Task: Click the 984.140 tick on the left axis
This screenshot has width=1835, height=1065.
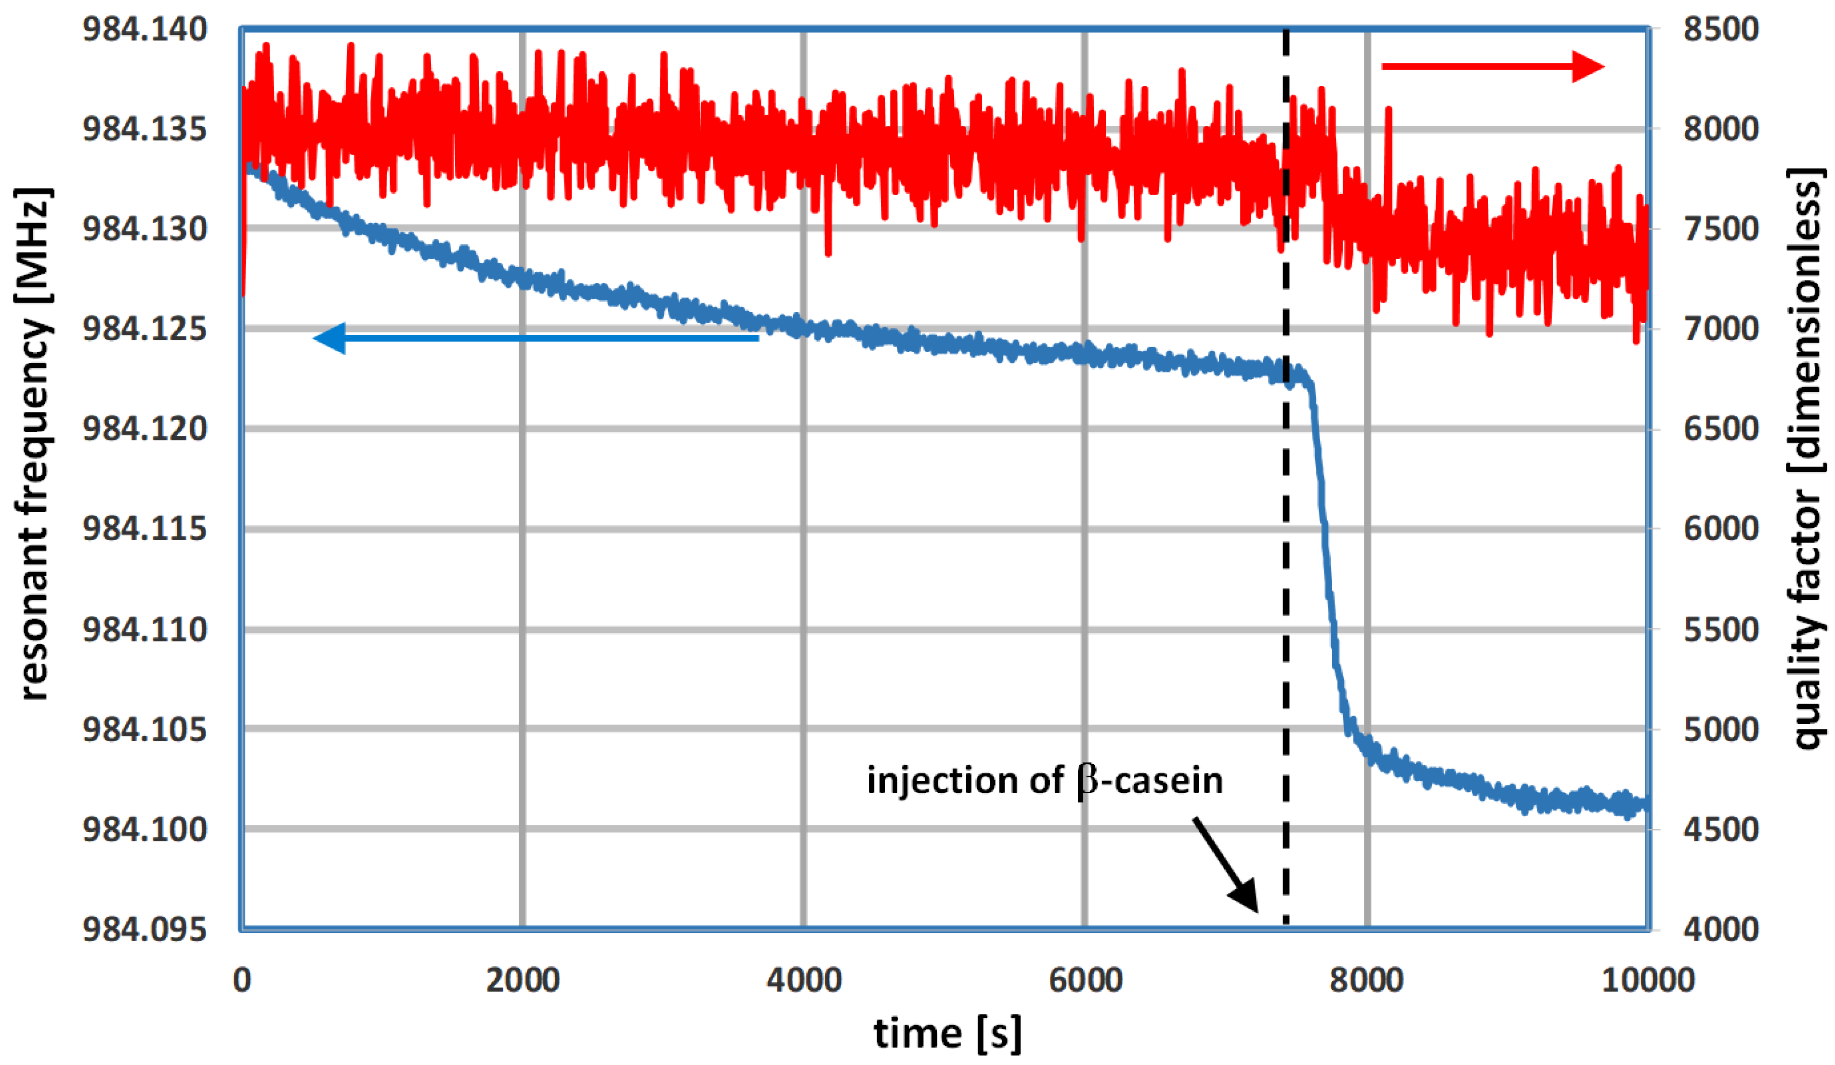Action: tap(144, 30)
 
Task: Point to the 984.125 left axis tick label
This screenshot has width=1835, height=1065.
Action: tap(144, 329)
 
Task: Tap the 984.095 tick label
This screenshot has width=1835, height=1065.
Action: tap(144, 930)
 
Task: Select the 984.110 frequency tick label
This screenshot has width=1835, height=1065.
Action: tap(144, 629)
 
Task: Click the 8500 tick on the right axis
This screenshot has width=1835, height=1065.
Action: tap(1721, 30)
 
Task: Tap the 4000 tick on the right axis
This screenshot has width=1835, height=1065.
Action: tap(1721, 930)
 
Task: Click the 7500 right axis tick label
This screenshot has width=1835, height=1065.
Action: tap(1721, 229)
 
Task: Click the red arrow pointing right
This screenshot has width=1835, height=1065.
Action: tap(1492, 67)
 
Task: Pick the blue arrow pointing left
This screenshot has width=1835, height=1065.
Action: tap(535, 338)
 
